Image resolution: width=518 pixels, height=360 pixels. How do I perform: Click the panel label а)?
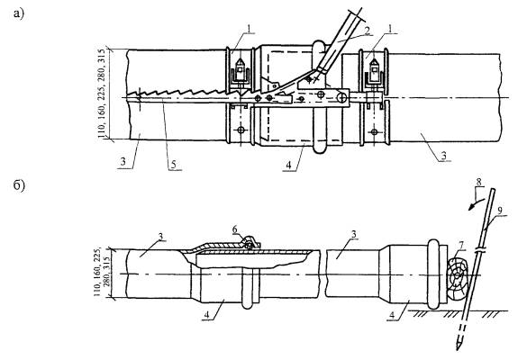[x=19, y=13]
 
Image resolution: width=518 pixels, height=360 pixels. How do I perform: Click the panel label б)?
[x=19, y=185]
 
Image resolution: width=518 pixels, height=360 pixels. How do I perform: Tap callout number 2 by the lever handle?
[x=367, y=31]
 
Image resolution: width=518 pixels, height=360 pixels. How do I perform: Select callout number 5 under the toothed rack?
[x=174, y=165]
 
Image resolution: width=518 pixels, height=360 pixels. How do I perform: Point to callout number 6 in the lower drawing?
[x=234, y=229]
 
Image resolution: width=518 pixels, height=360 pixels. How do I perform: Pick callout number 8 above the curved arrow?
[x=479, y=182]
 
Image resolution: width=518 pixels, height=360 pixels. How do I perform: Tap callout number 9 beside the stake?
[x=500, y=211]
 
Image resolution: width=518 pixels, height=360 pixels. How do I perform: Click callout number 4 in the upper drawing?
[x=289, y=165]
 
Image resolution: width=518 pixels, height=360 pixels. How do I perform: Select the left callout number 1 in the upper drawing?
[x=250, y=29]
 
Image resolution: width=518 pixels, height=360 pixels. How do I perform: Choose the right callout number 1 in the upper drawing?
[x=391, y=29]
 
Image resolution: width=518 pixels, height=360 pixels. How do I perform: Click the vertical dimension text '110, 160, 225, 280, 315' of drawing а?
[x=103, y=94]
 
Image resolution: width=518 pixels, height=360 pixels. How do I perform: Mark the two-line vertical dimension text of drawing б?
[x=102, y=272]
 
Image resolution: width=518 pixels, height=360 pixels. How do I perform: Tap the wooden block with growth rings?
[x=458, y=278]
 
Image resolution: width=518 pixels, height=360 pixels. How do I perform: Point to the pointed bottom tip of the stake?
[x=459, y=350]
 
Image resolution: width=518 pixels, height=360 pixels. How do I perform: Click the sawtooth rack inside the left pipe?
[x=185, y=93]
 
